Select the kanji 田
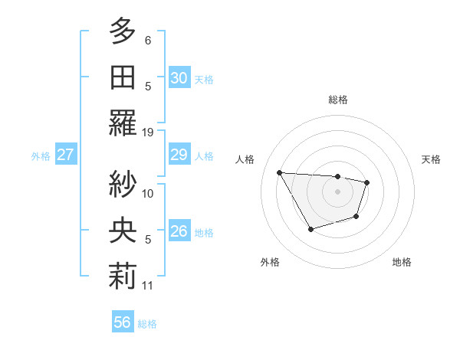click(122, 77)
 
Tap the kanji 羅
click(122, 123)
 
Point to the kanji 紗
click(122, 184)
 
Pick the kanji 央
click(122, 230)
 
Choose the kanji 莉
click(122, 277)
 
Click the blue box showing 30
click(179, 77)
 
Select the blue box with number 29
click(179, 155)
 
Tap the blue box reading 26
click(179, 231)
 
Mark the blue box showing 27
click(66, 155)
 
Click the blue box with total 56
click(123, 322)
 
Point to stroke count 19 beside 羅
click(149, 132)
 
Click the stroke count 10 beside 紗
click(149, 193)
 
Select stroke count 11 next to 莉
click(149, 286)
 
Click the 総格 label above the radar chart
click(337, 100)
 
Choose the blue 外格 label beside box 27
click(41, 155)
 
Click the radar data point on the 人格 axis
click(279, 172)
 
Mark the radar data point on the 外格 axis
click(310, 229)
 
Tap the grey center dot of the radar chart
click(337, 191)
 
